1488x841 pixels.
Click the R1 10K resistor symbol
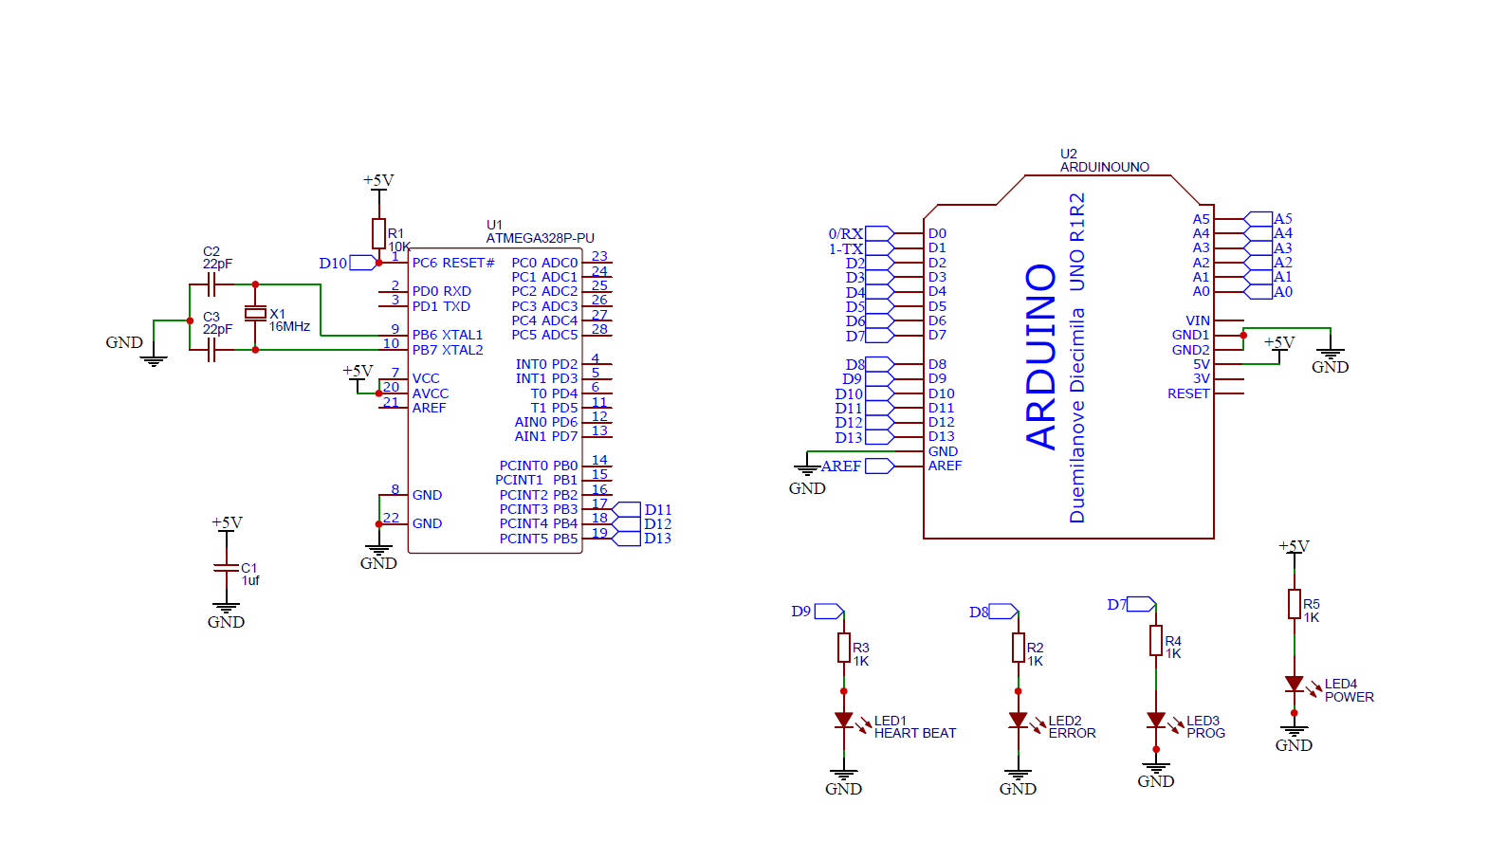click(378, 233)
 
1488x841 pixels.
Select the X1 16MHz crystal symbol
click(255, 313)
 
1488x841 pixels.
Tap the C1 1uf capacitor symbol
click(226, 568)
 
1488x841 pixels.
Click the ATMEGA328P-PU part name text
click(540, 238)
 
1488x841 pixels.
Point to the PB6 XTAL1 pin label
click(447, 335)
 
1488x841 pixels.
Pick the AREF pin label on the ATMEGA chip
click(429, 408)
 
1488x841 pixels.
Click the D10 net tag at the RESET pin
click(333, 264)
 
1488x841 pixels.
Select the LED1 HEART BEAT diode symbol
click(843, 721)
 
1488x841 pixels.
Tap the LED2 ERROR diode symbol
click(1018, 721)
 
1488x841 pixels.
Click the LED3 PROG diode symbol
click(1155, 721)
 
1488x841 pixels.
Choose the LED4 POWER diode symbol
click(1294, 684)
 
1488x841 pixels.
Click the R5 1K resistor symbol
click(1294, 604)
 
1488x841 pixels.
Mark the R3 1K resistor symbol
click(843, 648)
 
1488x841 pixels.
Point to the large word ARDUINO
click(1041, 356)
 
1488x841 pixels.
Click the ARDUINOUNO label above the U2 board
click(1104, 167)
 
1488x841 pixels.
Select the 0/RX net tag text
click(845, 233)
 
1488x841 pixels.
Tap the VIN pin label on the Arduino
click(1197, 320)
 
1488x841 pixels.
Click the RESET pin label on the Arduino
click(1188, 393)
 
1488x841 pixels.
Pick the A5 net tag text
click(1282, 219)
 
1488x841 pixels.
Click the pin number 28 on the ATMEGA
click(599, 329)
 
